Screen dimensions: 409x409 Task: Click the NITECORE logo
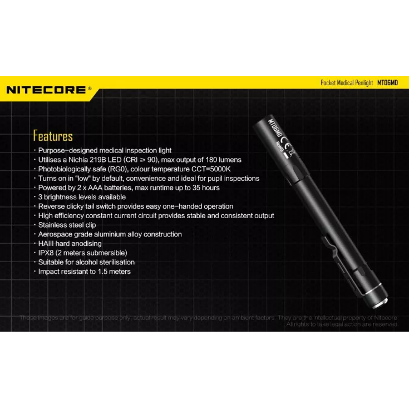(x=47, y=90)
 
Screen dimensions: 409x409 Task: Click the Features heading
(x=53, y=136)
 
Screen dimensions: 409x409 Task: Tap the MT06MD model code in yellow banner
(x=387, y=82)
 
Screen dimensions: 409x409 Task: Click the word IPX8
(x=47, y=253)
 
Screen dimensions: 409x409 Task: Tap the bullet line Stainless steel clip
(x=67, y=225)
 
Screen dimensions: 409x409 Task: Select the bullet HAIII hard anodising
(x=70, y=244)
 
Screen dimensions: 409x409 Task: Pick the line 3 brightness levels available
(x=82, y=197)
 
